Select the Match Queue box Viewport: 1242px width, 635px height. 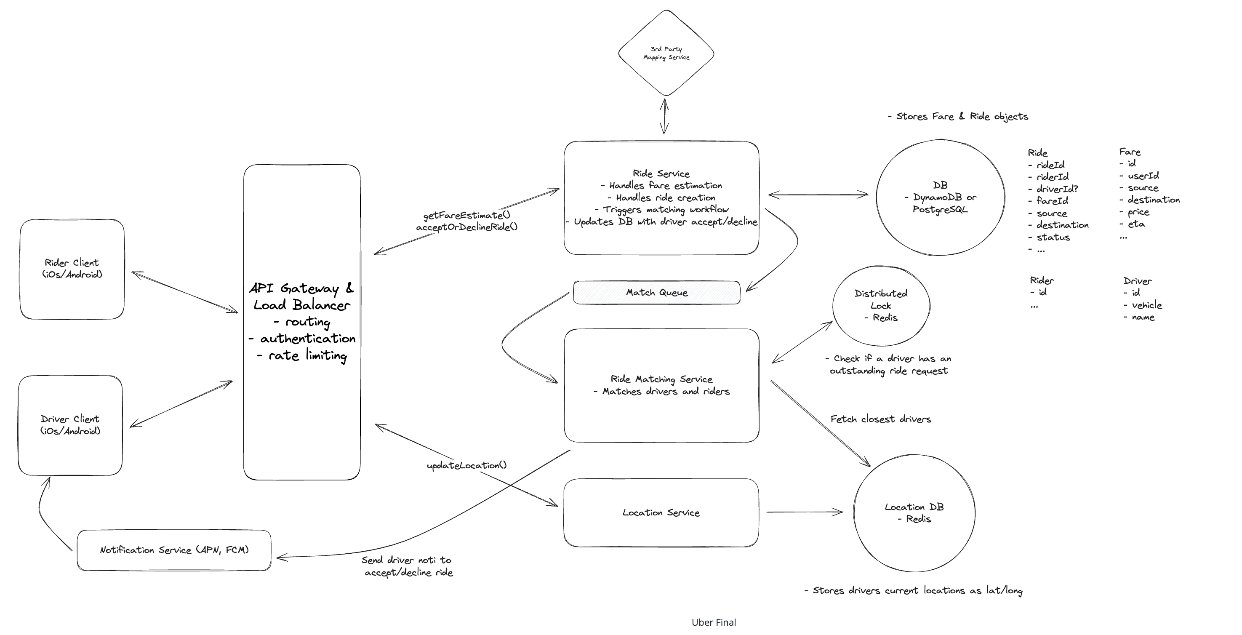[x=656, y=292]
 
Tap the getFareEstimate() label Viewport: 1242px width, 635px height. [x=466, y=215]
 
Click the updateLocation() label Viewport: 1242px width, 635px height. [x=466, y=465]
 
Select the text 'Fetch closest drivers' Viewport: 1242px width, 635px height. [x=880, y=419]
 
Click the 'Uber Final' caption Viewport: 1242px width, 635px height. [x=714, y=622]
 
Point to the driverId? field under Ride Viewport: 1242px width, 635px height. [x=1053, y=189]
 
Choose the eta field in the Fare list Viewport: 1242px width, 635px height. [x=1131, y=224]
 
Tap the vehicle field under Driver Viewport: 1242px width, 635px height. [x=1143, y=305]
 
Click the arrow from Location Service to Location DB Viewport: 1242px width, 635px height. [x=805, y=512]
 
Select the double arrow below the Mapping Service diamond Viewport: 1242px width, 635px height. [x=664, y=116]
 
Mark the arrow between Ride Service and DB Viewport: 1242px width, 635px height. [x=818, y=195]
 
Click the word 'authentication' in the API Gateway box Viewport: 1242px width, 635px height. [x=308, y=339]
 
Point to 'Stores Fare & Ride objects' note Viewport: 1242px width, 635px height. [x=957, y=116]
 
